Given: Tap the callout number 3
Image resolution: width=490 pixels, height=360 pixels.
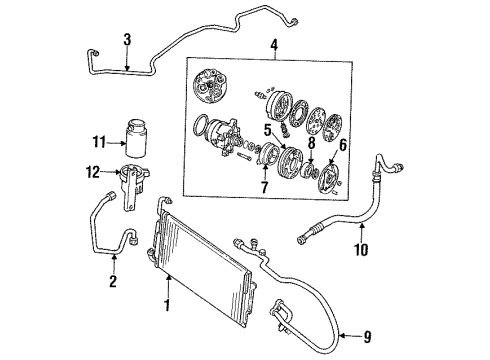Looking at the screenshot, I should coord(127,41).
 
